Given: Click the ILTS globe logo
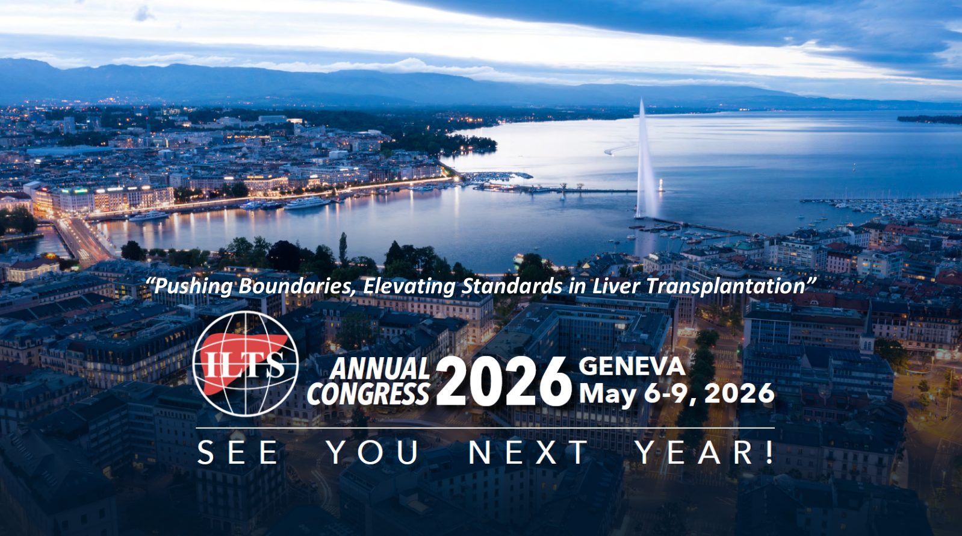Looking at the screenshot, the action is (245, 363).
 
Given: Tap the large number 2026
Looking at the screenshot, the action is (504, 381).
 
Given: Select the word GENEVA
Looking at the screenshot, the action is (632, 366).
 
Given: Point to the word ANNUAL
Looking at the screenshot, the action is (380, 369).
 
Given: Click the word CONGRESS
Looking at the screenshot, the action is (368, 394).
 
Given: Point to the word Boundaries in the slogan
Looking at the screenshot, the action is (296, 286).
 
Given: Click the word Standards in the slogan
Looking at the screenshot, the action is (511, 285).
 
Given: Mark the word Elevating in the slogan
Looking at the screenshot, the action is (409, 287).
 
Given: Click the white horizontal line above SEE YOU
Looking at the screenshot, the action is (485, 428).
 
